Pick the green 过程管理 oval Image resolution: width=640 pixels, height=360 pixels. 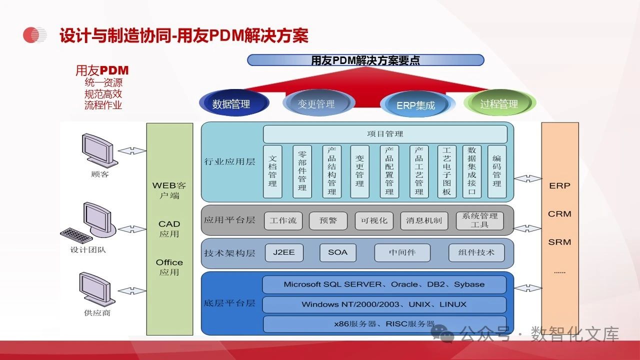point(499,103)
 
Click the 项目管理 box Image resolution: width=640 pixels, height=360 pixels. point(385,134)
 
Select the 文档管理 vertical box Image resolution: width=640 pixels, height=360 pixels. point(272,171)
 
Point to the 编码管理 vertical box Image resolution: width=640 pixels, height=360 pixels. point(496,171)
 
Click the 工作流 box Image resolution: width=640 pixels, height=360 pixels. point(283,220)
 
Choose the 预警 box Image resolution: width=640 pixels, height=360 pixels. point(328,220)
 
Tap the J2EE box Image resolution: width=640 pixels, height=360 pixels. point(283,252)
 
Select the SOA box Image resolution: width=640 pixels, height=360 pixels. point(337,252)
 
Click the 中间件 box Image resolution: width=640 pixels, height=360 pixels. point(402,252)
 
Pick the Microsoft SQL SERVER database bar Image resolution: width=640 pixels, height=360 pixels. point(384,284)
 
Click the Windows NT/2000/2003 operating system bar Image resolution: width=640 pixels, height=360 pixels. point(384,304)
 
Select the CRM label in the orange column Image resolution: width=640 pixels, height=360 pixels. point(559,214)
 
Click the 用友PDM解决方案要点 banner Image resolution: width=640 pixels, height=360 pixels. point(365,60)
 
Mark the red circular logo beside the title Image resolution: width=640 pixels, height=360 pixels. point(34,35)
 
